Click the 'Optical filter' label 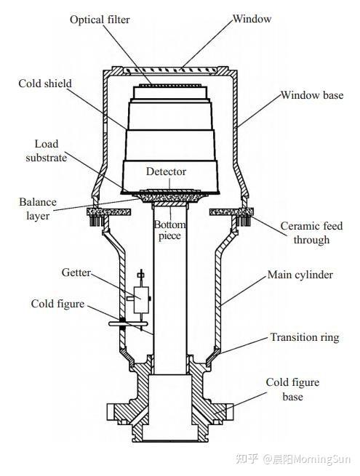tap(100, 20)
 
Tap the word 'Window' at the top tap(252, 19)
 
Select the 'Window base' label tap(312, 95)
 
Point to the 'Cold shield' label tap(45, 84)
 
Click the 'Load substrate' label tap(46, 151)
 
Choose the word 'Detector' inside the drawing tap(166, 172)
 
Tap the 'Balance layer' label tap(38, 209)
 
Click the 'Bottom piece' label tap(170, 230)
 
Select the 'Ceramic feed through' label tap(311, 233)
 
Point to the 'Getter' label tap(76, 273)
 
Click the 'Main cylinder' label tap(300, 275)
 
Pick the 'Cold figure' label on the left tap(57, 304)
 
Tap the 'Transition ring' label tap(305, 337)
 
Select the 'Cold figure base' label tap(292, 390)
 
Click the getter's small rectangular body tap(142, 299)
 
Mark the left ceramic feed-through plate tap(109, 211)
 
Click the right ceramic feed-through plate tap(231, 211)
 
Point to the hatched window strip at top tap(171, 70)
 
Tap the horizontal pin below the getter tap(128, 324)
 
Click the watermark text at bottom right tap(293, 459)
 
